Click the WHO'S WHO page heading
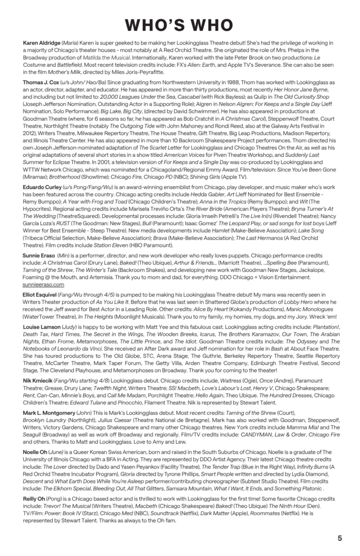click(180, 25)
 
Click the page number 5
click(339, 538)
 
